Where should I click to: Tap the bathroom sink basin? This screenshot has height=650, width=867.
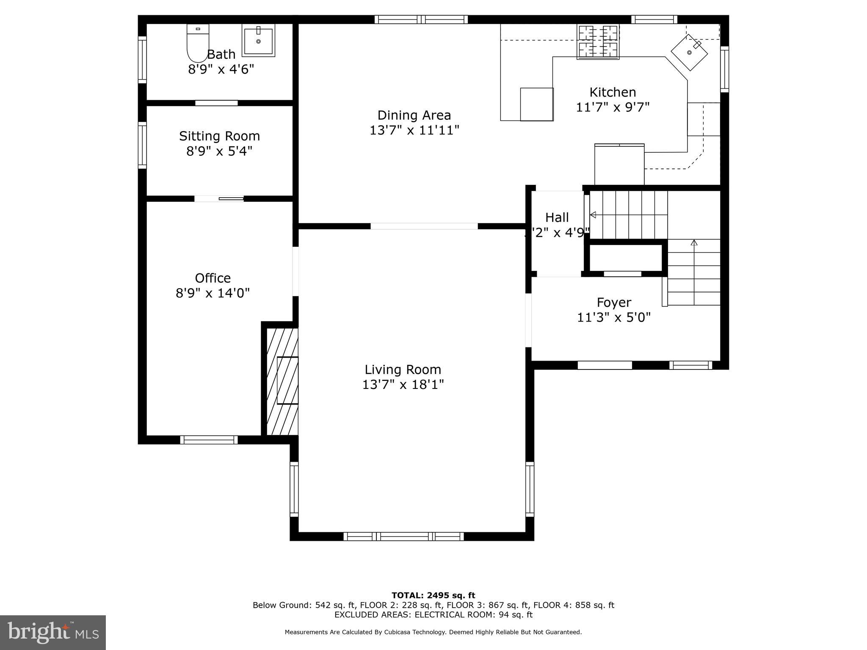[x=258, y=41]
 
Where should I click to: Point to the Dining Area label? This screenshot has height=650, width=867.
[x=414, y=115]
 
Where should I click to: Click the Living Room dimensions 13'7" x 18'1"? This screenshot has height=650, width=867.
[x=403, y=385]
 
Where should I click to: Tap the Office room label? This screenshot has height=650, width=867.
[x=213, y=278]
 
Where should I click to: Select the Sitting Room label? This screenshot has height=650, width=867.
[x=219, y=136]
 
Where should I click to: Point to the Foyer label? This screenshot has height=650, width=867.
[x=613, y=303]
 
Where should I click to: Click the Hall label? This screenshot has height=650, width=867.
[x=557, y=218]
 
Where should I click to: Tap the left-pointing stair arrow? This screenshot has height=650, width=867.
[x=593, y=215]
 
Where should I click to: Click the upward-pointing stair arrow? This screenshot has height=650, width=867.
[x=694, y=243]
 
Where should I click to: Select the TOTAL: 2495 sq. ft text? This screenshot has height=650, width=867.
[x=433, y=595]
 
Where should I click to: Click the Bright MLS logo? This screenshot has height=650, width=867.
[x=52, y=632]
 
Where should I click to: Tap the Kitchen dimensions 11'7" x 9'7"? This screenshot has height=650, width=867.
[x=613, y=107]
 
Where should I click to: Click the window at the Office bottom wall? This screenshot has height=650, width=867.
[x=209, y=440]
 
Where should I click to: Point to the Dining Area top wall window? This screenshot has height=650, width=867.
[x=421, y=19]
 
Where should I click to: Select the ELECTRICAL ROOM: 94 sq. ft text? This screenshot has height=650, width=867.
[x=473, y=615]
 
